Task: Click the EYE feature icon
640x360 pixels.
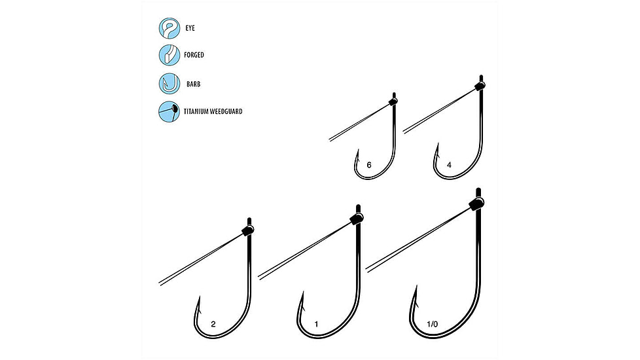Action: pos(169,28)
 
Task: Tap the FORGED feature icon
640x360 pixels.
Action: pos(169,55)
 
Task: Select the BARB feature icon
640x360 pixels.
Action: pos(169,84)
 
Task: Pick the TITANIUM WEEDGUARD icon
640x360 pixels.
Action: pos(169,111)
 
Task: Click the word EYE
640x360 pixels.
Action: pos(190,28)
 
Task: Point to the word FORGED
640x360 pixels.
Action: pos(194,55)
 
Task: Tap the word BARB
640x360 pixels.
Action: pos(194,84)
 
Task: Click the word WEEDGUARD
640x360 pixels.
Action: pos(226,111)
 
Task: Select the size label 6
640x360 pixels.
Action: pos(369,165)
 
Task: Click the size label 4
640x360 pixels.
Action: pos(449,165)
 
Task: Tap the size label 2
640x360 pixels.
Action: pos(213,324)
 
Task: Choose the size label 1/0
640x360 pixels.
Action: pos(433,324)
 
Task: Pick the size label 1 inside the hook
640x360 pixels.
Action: pos(316,324)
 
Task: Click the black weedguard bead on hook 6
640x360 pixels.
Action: pos(393,101)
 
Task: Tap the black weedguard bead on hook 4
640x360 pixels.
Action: pos(480,86)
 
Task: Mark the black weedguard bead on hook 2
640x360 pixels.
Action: pos(248,230)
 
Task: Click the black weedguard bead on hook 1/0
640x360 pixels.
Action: pos(477,203)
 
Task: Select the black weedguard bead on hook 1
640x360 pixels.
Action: pos(357,218)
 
